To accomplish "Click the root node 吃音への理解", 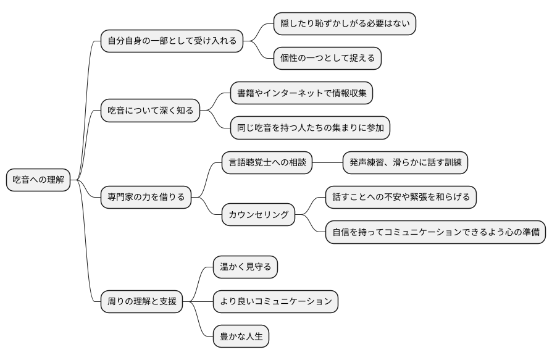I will coord(38,180).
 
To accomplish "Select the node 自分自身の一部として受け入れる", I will coord(172,41).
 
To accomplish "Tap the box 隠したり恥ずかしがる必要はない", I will coord(345,23).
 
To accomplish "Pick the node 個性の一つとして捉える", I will coord(327,59).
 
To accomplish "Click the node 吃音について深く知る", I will coord(150,111).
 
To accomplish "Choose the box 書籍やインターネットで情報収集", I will coord(302,93).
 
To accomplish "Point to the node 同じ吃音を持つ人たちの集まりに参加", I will coord(310,128).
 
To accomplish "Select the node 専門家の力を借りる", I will coord(146,198).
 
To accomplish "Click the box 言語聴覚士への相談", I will coord(267,163).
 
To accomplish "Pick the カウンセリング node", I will coord(258,215).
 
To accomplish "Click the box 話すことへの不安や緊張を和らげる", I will coord(401,198).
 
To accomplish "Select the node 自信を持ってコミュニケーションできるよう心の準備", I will coord(435,232).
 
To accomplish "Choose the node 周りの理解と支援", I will coord(141,301).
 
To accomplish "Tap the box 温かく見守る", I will coord(245,267).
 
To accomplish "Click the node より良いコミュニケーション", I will coord(275,301).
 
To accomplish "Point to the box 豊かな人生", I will coord(241,337).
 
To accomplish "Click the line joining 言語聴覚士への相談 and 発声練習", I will coord(327,163).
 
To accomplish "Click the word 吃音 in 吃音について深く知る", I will coord(117,111).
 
